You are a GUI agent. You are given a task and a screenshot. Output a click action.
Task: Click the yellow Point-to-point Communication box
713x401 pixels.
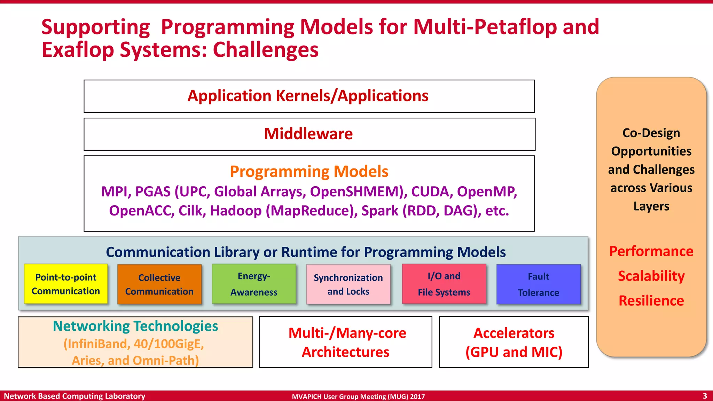point(66,284)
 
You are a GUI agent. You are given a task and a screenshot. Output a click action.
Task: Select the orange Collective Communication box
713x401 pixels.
point(159,284)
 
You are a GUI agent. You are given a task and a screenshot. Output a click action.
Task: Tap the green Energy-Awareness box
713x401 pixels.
point(254,284)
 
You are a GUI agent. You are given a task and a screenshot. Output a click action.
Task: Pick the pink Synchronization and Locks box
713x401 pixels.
point(348,284)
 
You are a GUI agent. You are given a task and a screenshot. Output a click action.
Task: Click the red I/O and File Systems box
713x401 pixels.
point(444,284)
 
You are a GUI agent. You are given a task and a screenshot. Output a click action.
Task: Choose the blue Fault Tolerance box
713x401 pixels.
point(538,284)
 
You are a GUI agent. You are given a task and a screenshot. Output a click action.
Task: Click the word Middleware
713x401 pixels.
point(308,134)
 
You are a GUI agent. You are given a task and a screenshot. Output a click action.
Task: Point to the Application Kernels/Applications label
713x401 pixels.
point(308,96)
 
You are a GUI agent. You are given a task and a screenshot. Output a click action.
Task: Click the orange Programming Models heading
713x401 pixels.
point(309,172)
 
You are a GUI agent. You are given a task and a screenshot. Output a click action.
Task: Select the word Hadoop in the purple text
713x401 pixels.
point(236,211)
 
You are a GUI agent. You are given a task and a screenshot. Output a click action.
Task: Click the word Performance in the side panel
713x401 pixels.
point(651,251)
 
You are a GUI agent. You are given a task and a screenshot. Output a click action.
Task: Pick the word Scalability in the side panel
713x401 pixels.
point(651,276)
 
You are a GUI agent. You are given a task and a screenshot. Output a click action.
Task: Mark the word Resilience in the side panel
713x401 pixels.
point(651,301)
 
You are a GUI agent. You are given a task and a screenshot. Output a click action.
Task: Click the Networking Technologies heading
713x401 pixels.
point(135,326)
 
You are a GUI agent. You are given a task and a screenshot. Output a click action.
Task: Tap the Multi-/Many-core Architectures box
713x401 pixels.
point(346,342)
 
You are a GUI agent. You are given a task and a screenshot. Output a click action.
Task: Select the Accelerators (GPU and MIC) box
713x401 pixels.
point(514,342)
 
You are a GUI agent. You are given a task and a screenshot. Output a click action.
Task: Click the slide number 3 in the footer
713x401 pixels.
point(705,396)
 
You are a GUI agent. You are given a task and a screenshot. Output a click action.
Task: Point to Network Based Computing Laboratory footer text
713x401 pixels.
point(75,396)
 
